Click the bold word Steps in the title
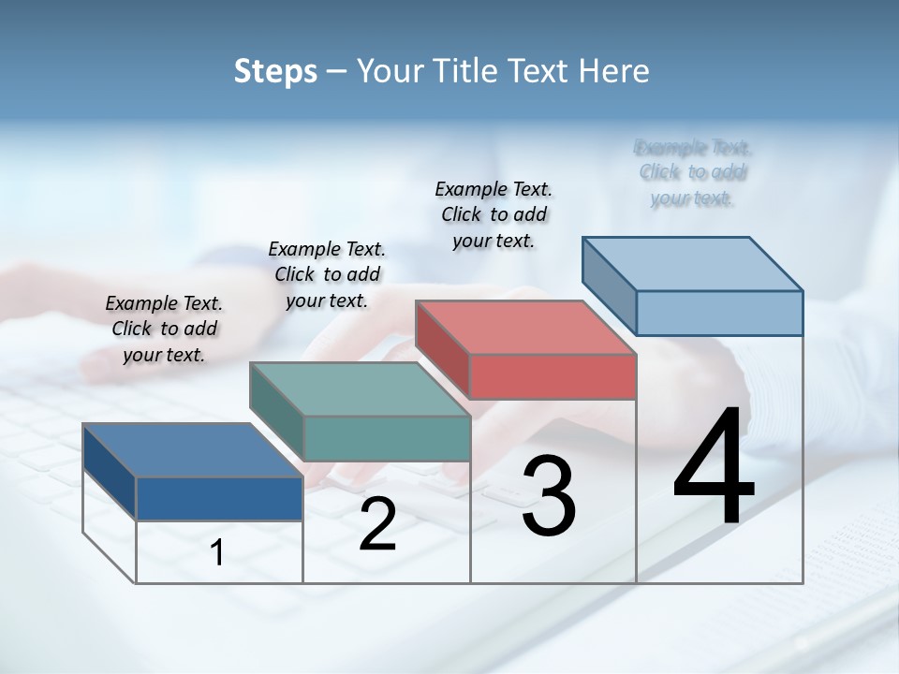(x=275, y=71)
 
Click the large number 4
(x=715, y=468)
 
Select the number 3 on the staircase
(x=549, y=496)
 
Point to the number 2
(x=377, y=524)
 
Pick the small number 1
(x=217, y=552)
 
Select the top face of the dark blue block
(x=193, y=450)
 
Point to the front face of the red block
(x=553, y=376)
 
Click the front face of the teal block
(x=387, y=438)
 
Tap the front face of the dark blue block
(x=219, y=498)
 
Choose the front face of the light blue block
(x=719, y=313)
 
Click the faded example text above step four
(x=692, y=173)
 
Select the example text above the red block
(x=494, y=214)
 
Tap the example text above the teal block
(x=327, y=274)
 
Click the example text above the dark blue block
(x=164, y=329)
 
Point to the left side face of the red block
(x=442, y=350)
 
